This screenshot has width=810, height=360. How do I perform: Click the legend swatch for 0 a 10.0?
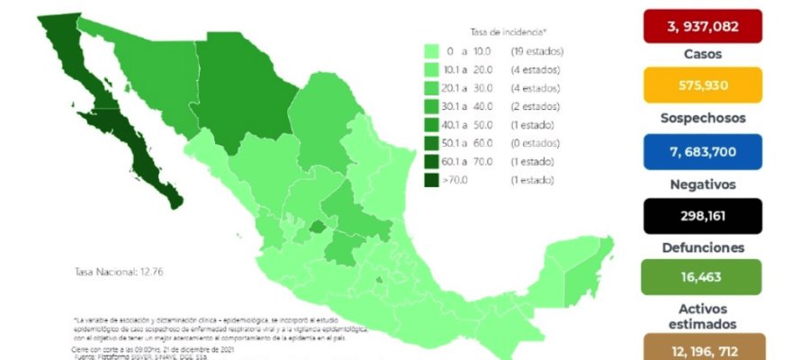432,50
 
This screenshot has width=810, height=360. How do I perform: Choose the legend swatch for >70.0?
432,181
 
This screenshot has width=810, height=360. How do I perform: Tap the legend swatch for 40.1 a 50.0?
432,125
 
